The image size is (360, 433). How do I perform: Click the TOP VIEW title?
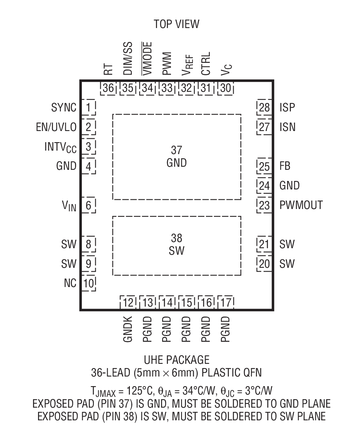pyautogui.click(x=176, y=24)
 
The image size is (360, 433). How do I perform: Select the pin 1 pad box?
pyautogui.click(x=88, y=108)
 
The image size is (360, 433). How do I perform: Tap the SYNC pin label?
pyautogui.click(x=64, y=108)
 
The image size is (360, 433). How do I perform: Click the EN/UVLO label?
pyautogui.click(x=56, y=127)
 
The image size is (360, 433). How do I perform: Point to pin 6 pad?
pyautogui.click(x=88, y=205)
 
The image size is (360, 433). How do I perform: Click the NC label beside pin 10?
pyautogui.click(x=70, y=283)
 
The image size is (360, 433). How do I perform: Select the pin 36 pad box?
pyautogui.click(x=108, y=88)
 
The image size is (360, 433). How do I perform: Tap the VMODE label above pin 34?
pyautogui.click(x=147, y=58)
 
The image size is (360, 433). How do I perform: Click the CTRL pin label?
pyautogui.click(x=206, y=63)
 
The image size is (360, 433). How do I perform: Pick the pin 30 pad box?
pyautogui.click(x=226, y=88)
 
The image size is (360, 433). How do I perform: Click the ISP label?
pyautogui.click(x=287, y=108)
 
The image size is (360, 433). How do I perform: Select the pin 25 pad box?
pyautogui.click(x=264, y=166)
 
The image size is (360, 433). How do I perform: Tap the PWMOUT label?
pyautogui.click(x=301, y=205)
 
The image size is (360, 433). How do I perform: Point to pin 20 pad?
pyautogui.click(x=264, y=264)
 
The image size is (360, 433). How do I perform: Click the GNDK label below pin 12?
pyautogui.click(x=128, y=329)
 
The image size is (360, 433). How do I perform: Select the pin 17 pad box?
pyautogui.click(x=226, y=302)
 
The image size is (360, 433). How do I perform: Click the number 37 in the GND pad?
pyautogui.click(x=177, y=150)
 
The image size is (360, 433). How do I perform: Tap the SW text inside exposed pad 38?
pyautogui.click(x=177, y=251)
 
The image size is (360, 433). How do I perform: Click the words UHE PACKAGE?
pyautogui.click(x=177, y=360)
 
